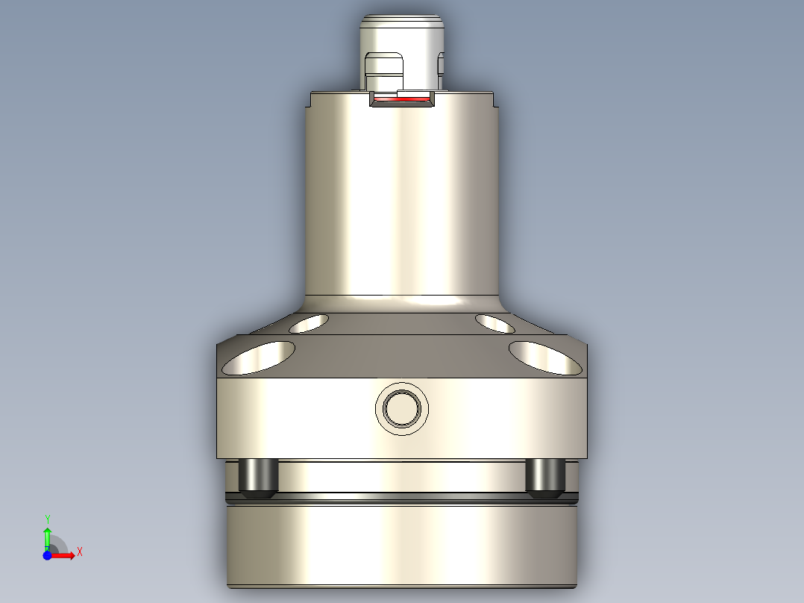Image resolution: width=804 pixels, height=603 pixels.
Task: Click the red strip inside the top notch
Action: click(x=402, y=99)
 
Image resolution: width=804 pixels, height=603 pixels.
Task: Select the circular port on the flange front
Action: click(x=402, y=408)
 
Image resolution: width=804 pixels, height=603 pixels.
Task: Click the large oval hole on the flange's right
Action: click(x=545, y=357)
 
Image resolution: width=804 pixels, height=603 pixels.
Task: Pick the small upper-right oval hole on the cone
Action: click(x=494, y=323)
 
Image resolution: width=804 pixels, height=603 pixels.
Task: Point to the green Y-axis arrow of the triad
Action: click(x=47, y=536)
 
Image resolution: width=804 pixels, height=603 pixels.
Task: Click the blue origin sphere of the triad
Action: click(x=47, y=555)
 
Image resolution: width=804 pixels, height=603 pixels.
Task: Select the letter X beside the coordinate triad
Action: click(x=80, y=552)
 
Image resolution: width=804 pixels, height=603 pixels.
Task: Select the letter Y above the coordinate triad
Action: click(x=47, y=519)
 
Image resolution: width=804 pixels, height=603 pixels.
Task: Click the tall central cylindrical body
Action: click(x=402, y=201)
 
